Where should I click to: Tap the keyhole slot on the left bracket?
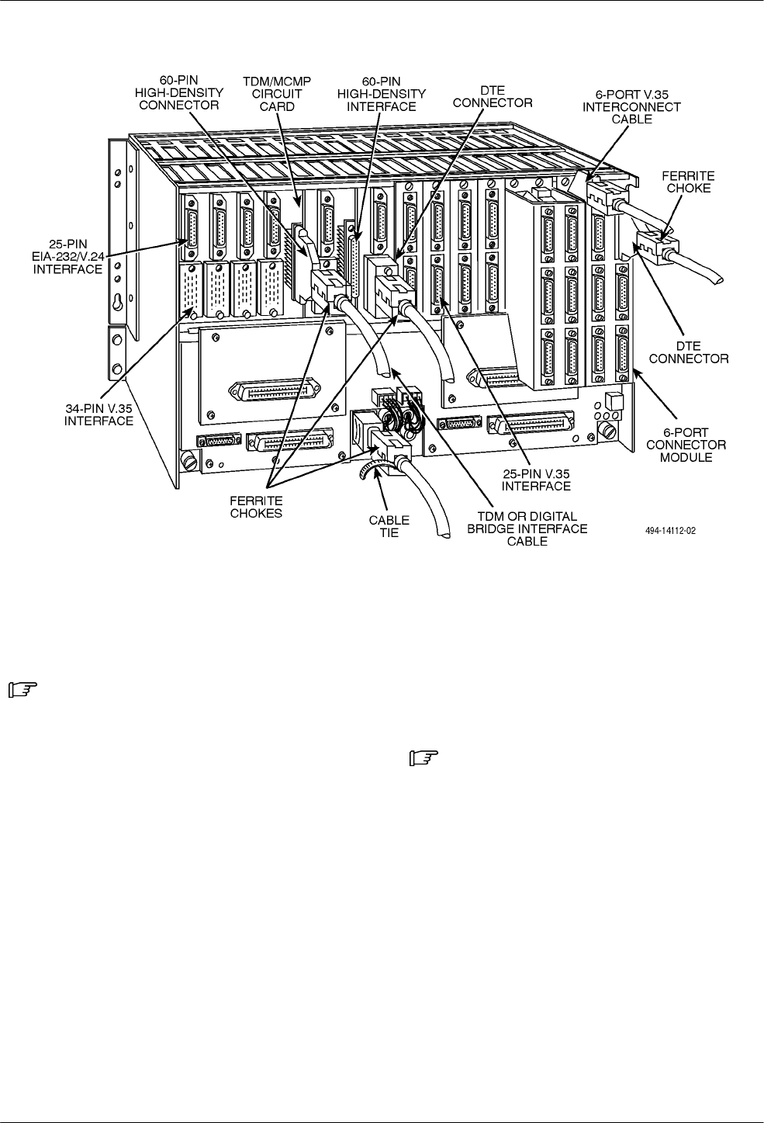[116, 304]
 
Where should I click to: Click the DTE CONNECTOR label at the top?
[493, 96]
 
